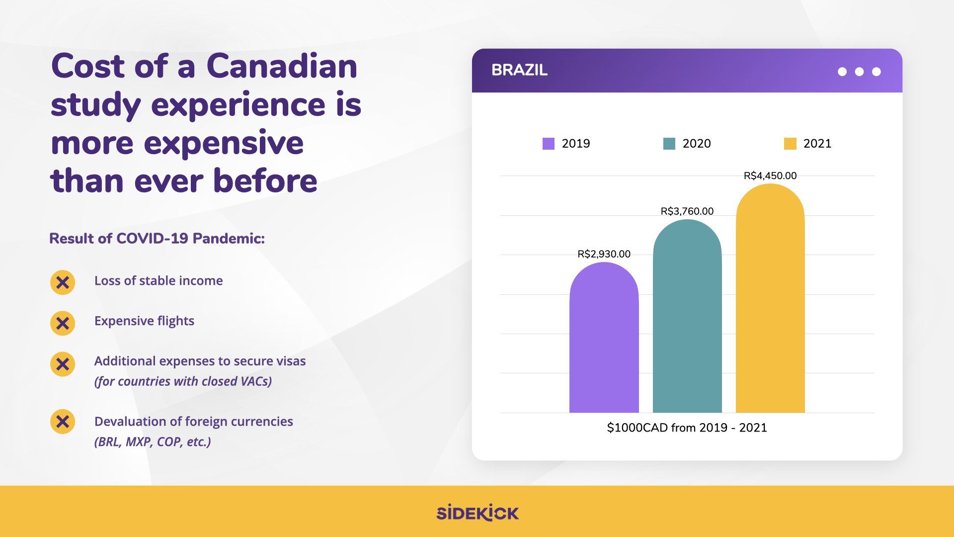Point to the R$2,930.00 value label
click(x=604, y=254)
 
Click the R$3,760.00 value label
click(x=687, y=211)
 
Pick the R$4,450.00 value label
click(x=770, y=176)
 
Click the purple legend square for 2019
click(x=548, y=144)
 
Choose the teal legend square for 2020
click(x=669, y=144)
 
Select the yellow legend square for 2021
click(x=790, y=144)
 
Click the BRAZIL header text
click(x=519, y=70)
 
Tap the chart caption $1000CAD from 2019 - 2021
click(x=687, y=428)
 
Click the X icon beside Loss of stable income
click(x=63, y=282)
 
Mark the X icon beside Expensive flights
click(x=63, y=323)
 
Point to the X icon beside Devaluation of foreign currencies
click(x=63, y=422)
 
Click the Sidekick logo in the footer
click(x=477, y=513)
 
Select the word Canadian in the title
click(x=282, y=66)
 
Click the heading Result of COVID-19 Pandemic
click(x=157, y=239)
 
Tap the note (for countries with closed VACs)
click(x=183, y=381)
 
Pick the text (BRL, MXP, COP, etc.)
click(x=153, y=442)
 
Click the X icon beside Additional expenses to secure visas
click(x=63, y=364)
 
